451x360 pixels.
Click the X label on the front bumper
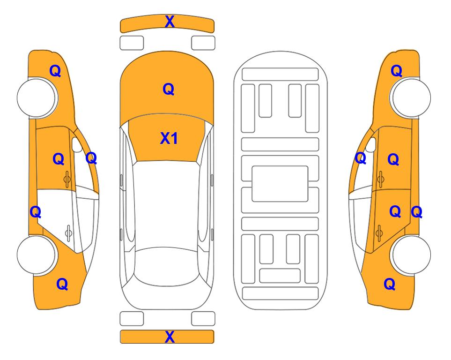click(170, 22)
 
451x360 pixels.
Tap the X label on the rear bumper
click(170, 337)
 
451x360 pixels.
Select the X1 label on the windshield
click(169, 138)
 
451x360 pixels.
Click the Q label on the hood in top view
click(169, 89)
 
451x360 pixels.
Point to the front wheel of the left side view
click(37, 98)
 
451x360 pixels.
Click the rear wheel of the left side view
click(37, 255)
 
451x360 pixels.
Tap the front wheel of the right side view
click(411, 98)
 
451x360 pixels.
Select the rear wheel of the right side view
click(411, 255)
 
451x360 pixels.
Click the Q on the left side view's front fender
click(55, 71)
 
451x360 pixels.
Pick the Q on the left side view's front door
click(59, 159)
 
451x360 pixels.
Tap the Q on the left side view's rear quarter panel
click(62, 284)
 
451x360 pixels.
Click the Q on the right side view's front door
click(393, 159)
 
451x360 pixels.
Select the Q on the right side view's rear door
click(395, 212)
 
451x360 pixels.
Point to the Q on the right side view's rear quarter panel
click(390, 284)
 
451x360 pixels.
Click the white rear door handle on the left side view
click(68, 232)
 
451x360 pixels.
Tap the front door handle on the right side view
click(380, 179)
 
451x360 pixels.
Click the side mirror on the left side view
click(76, 145)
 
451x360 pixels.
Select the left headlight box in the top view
click(132, 43)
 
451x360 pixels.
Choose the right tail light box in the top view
click(203, 319)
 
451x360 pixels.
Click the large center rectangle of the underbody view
click(280, 184)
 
